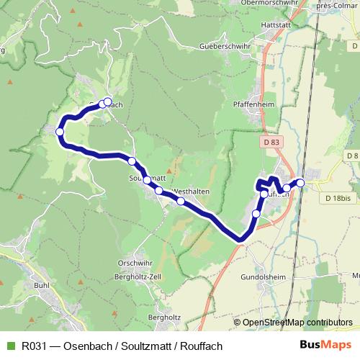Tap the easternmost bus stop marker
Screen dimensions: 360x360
click(x=301, y=183)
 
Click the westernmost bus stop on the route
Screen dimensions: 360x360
click(x=60, y=132)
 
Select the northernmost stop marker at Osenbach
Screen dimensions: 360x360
click(x=108, y=102)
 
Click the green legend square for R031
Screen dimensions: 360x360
click(x=9, y=346)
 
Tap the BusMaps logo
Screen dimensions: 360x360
click(x=325, y=346)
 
